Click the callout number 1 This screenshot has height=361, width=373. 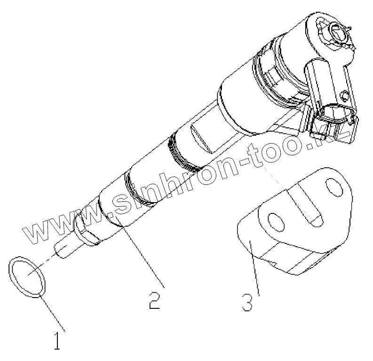tap(57, 341)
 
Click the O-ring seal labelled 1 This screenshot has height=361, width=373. tap(27, 277)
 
